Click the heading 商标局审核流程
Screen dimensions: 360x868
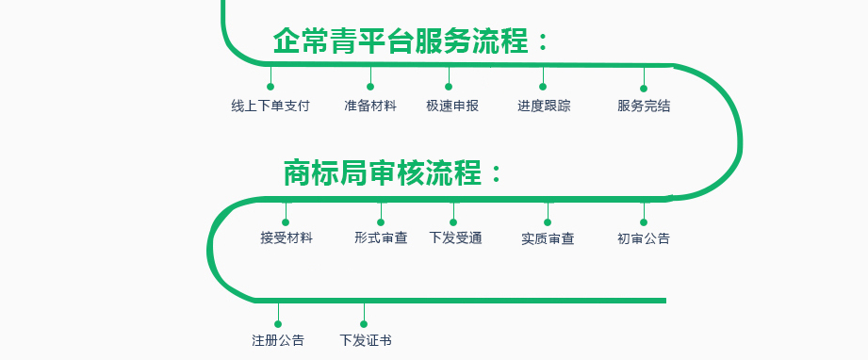pos(393,173)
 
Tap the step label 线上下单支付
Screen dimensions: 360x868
pos(270,106)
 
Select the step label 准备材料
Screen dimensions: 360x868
pos(370,106)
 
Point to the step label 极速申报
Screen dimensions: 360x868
pos(452,106)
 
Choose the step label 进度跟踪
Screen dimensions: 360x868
pos(544,106)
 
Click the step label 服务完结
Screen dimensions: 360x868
pos(644,106)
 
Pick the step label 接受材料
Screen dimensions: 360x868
pos(287,238)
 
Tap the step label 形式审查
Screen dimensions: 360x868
pos(381,238)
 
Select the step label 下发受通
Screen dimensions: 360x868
pos(455,238)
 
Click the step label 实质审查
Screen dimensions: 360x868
pos(548,238)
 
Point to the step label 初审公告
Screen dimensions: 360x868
pos(644,238)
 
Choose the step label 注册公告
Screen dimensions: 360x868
pos(278,340)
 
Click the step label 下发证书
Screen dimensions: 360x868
pos(366,340)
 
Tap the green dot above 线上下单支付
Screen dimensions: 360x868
pos(270,87)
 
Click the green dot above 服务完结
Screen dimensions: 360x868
pos(645,87)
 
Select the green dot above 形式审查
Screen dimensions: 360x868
pos(381,222)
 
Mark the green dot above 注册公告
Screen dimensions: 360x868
pos(278,324)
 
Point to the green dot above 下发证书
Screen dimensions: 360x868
pos(364,324)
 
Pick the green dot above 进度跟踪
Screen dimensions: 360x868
pos(543,87)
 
